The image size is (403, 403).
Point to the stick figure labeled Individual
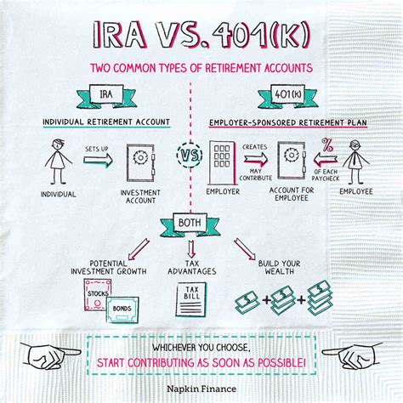pos(56,161)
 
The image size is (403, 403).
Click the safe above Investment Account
pos(141,161)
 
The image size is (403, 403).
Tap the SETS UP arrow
pos(97,162)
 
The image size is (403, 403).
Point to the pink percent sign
pos(326,145)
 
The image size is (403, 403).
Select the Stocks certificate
pos(98,294)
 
